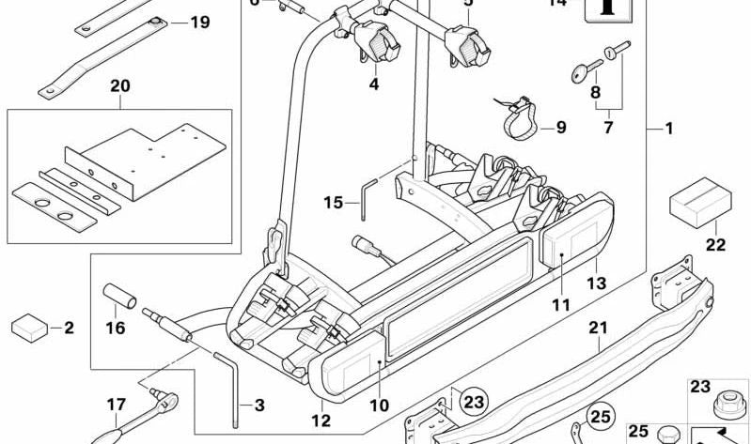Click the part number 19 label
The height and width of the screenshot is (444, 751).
coord(199,22)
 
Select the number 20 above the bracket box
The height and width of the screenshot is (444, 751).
coord(119,86)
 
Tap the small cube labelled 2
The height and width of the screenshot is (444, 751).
coord(30,328)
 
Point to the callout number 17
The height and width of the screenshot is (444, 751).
coord(116,406)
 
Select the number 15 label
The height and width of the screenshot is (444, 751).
coord(334,202)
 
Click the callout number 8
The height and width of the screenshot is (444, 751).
coord(594,92)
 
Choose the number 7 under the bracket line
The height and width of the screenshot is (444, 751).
coord(607,127)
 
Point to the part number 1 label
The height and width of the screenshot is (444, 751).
coord(669,129)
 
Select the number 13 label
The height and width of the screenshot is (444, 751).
coord(598,283)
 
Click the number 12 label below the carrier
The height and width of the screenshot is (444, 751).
coord(322,421)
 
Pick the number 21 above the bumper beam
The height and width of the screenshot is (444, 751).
coord(599,328)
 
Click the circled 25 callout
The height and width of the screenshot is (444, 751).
coord(599,415)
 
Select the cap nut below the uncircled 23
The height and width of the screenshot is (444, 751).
coord(727,409)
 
